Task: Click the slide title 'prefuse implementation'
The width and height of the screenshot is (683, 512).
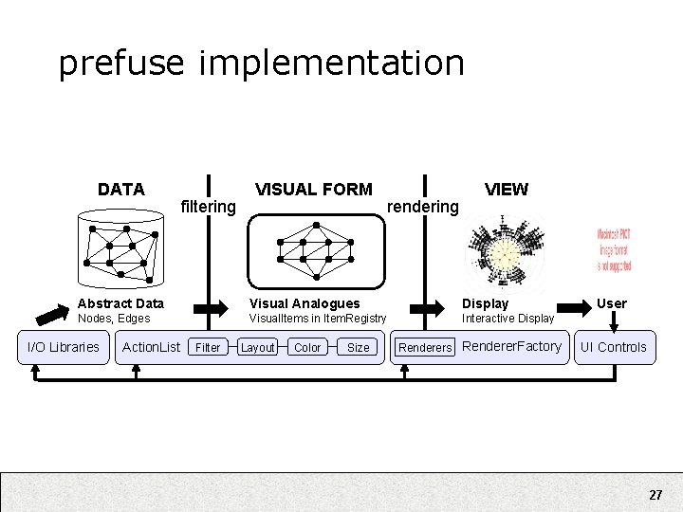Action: [261, 64]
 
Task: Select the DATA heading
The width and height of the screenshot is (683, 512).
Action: [121, 190]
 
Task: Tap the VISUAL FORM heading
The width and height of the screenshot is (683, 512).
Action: [314, 190]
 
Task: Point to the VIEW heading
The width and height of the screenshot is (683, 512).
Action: [507, 190]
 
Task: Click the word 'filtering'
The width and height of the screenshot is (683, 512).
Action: [208, 207]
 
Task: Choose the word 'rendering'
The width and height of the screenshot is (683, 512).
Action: [423, 207]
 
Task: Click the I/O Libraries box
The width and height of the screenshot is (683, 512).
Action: [63, 347]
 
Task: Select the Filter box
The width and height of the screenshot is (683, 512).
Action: [208, 348]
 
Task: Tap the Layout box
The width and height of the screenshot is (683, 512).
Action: [257, 348]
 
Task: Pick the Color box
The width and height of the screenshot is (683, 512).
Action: [307, 348]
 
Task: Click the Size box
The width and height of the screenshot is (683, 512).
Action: [358, 348]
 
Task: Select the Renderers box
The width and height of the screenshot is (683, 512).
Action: [425, 348]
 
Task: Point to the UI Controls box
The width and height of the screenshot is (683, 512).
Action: [613, 347]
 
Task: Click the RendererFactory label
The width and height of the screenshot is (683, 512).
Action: [511, 346]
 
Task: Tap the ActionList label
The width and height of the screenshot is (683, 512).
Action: [151, 347]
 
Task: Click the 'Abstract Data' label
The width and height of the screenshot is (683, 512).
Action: [120, 303]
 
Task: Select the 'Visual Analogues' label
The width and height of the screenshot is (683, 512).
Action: [305, 303]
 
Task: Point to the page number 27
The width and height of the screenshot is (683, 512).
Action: [655, 495]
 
